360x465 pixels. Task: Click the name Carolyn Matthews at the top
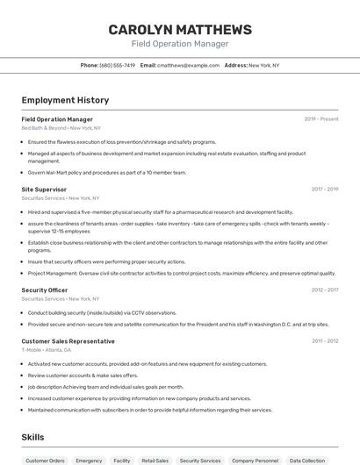179,30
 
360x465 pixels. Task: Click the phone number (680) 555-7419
117,65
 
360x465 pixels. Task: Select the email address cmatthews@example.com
188,65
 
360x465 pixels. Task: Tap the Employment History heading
65,101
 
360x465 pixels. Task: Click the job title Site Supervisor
44,189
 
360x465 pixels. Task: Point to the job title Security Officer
45,290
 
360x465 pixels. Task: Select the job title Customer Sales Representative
68,340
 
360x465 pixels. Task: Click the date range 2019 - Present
320,119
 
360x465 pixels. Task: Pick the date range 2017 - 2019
324,189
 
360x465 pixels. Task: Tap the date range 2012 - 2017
324,290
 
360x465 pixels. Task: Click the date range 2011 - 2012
324,340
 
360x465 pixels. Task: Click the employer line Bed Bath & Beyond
56,128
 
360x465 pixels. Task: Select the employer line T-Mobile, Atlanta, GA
47,350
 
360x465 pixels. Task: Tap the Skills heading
32,437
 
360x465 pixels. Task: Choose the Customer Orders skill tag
45,460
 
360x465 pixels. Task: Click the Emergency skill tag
89,460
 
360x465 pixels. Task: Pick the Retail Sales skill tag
155,460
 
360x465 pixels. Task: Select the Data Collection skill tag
307,460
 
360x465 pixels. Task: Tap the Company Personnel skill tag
255,460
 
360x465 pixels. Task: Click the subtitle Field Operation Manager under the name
179,44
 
